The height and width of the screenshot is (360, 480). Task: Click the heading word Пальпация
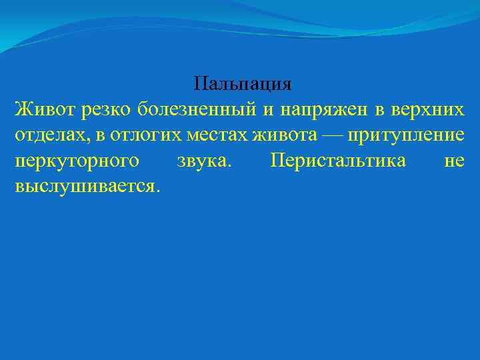point(243,85)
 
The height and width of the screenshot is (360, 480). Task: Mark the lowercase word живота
point(285,136)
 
